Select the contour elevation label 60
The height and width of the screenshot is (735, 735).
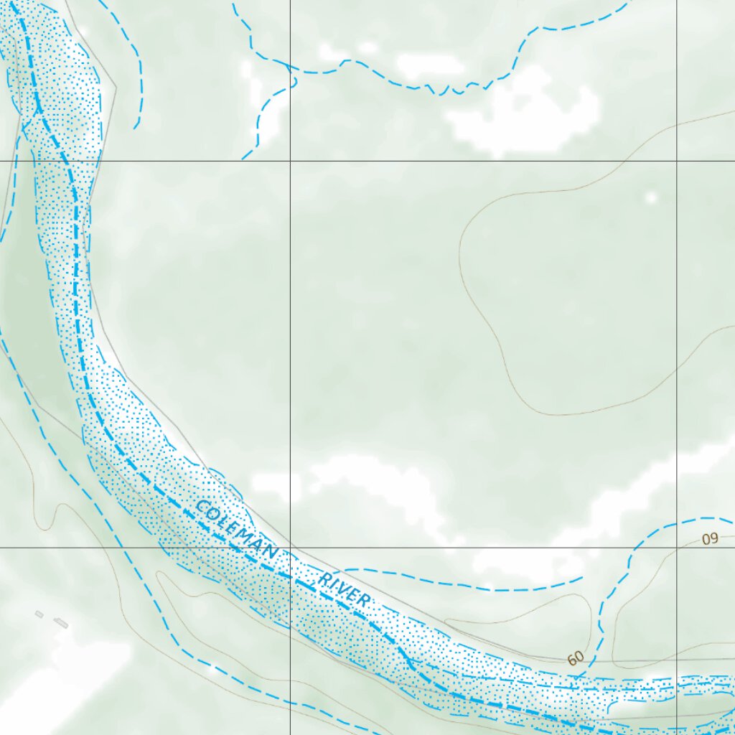coord(575,657)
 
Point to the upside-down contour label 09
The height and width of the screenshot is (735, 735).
coord(710,539)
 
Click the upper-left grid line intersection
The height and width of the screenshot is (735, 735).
coord(290,161)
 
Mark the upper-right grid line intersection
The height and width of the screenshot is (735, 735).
coord(676,161)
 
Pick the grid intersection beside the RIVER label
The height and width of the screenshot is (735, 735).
coord(290,547)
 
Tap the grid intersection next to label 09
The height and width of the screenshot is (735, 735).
coord(676,547)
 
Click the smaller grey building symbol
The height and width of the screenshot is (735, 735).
coord(39,614)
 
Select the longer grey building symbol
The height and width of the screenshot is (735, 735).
coord(61,624)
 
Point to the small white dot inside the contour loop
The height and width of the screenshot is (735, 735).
coord(651,197)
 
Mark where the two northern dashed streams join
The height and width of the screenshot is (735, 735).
coord(291,70)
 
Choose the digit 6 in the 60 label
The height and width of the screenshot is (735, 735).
coord(571,660)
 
